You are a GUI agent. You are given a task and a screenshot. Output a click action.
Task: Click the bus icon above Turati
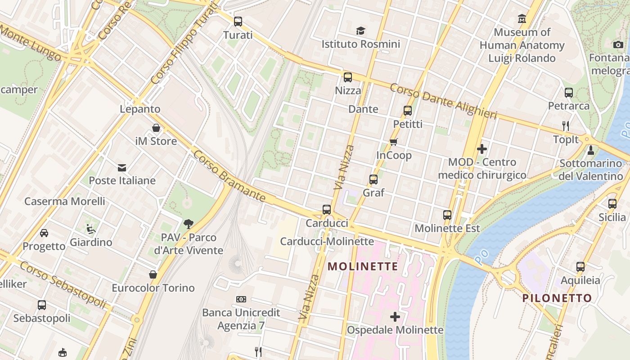point(238,21)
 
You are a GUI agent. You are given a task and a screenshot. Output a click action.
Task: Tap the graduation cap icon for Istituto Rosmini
point(360,31)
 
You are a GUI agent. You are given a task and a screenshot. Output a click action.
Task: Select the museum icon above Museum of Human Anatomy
point(522,19)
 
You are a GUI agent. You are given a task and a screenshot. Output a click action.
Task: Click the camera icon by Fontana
point(618,44)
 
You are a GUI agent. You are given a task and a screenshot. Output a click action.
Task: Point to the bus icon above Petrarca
point(569,93)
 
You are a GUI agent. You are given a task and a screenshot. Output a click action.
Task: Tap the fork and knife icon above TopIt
point(566,126)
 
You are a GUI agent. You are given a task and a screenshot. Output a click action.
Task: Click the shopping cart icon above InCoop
point(394,142)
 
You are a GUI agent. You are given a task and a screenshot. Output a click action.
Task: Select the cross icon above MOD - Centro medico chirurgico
point(482,148)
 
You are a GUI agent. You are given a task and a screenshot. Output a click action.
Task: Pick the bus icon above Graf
point(373,180)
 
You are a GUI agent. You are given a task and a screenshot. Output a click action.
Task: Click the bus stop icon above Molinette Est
point(447,215)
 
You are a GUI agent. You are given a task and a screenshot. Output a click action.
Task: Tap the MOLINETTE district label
point(363,266)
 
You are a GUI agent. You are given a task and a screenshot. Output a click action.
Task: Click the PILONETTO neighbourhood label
point(557,298)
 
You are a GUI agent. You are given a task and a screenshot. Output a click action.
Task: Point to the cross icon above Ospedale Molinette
point(395,317)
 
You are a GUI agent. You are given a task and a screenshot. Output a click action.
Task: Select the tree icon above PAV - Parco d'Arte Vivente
point(189,224)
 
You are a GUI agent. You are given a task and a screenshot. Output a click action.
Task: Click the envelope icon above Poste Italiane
point(122,168)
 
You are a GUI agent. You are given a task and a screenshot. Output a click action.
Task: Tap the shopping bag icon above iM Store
point(156,128)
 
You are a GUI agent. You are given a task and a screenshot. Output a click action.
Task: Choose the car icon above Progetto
point(44,233)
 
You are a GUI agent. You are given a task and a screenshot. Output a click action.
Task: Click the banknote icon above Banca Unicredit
point(241,299)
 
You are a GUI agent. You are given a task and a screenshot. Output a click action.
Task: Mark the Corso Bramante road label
point(229,176)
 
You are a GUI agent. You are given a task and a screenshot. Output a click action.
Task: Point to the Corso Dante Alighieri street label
point(443,101)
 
